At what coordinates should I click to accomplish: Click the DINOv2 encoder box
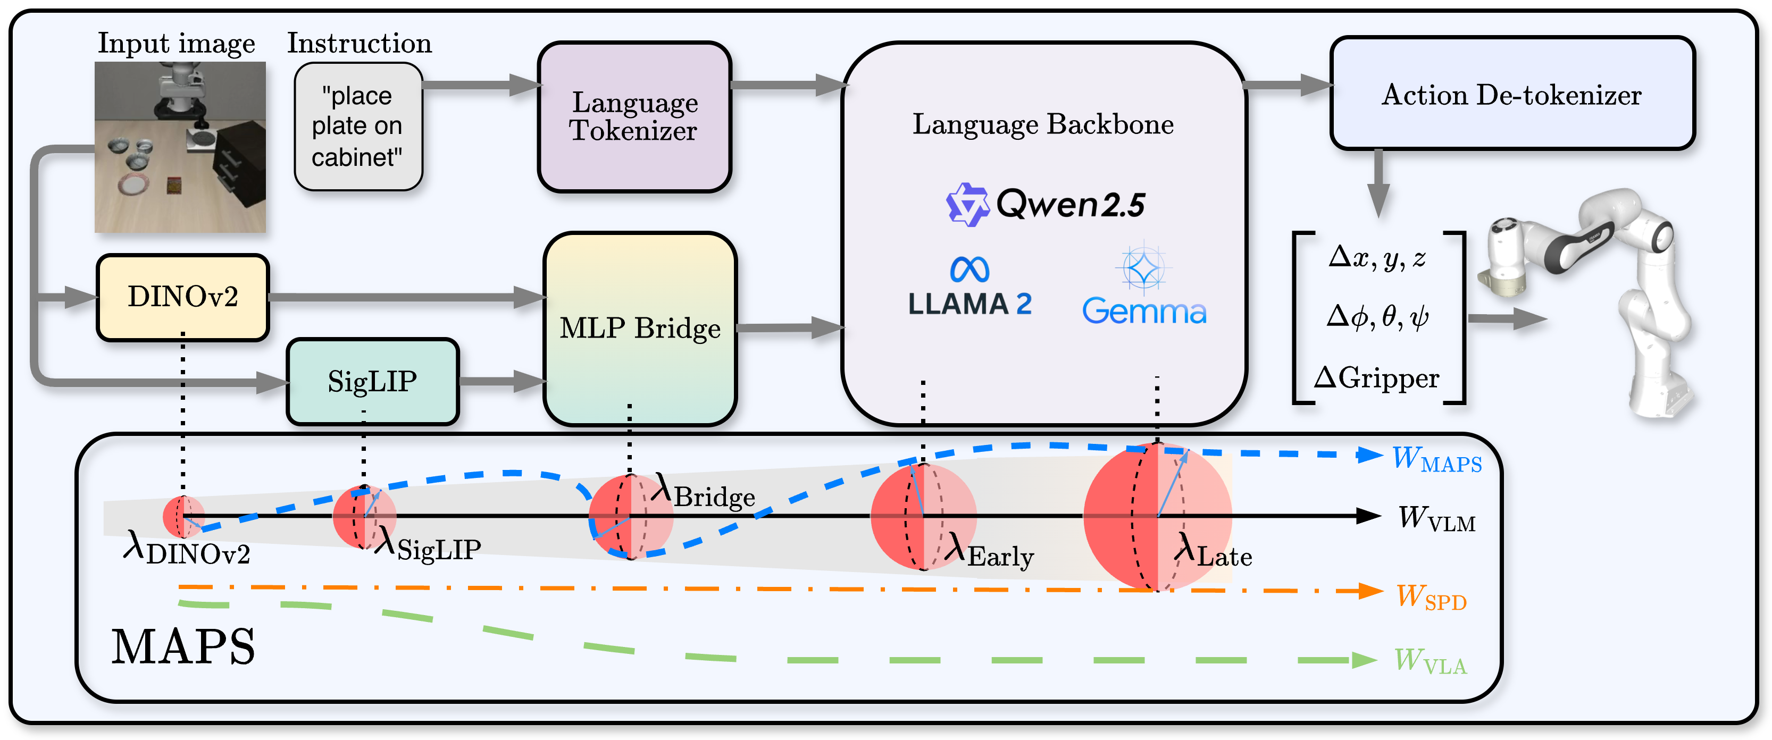[182, 297]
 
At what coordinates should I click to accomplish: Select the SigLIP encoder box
[372, 381]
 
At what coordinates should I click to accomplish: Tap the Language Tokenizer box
[633, 116]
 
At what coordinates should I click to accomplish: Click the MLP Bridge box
[640, 328]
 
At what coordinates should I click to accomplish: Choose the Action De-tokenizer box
[1511, 94]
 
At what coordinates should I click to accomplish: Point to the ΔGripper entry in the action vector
[1376, 379]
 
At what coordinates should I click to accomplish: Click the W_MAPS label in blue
[1436, 459]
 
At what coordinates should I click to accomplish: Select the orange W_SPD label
[1431, 597]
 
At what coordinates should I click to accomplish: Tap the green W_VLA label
[1430, 661]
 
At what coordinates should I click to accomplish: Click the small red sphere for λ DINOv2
[183, 516]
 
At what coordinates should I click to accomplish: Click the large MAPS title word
[183, 647]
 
